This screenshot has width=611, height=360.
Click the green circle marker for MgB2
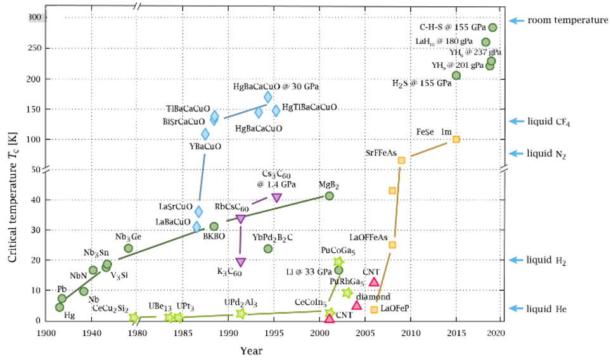[329, 196]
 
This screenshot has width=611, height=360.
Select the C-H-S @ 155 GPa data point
[493, 28]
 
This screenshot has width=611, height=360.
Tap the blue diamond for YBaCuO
[205, 134]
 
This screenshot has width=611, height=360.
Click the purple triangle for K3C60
[240, 262]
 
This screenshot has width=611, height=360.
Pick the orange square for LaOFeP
[374, 309]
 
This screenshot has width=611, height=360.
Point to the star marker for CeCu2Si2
[134, 318]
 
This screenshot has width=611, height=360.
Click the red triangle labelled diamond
[357, 305]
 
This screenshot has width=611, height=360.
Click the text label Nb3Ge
[128, 237]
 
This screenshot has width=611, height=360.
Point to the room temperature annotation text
[567, 20]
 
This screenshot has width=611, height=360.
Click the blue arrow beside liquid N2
[517, 153]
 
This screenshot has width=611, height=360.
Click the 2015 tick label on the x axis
[456, 333]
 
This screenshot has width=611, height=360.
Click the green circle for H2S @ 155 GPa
[456, 75]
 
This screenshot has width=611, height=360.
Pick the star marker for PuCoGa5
[338, 261]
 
